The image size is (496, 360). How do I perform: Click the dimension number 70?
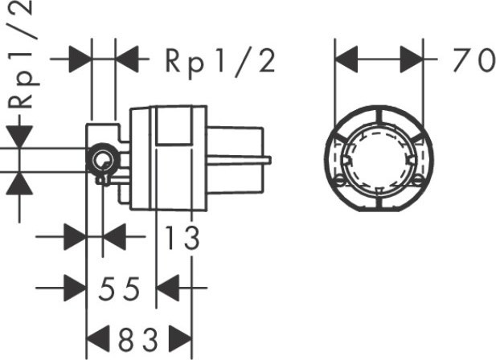pos(470,60)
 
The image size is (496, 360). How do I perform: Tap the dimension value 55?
pos(120,287)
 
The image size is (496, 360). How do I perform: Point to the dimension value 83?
pos(138,337)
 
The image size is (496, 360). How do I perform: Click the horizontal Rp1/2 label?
pos(219,60)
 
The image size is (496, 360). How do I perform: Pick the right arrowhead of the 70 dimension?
pos(412,59)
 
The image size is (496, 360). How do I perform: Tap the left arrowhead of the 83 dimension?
pos(96,337)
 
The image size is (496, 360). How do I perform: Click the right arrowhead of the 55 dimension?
pos(167,287)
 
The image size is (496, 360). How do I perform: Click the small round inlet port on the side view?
pos(102,158)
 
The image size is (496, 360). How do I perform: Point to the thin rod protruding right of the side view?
pos(241,162)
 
